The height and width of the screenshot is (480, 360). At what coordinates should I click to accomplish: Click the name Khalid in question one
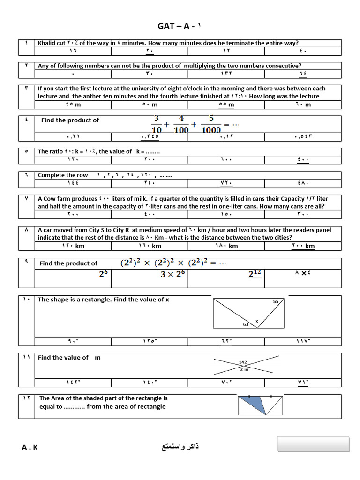(x=47, y=43)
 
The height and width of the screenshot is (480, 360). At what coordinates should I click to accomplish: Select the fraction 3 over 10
(x=157, y=124)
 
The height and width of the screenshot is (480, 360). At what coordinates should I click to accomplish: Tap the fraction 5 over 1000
(x=211, y=124)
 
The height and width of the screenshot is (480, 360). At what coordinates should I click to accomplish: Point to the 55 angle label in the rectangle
(x=276, y=302)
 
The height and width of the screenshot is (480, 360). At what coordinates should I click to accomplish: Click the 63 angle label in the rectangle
(x=246, y=324)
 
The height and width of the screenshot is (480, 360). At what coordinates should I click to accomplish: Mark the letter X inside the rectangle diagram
(x=256, y=321)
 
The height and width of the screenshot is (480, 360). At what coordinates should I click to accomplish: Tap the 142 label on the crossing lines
(x=243, y=362)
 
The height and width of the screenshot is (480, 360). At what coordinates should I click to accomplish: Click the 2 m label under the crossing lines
(x=244, y=369)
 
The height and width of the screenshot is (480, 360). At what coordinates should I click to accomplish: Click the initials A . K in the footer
(x=30, y=447)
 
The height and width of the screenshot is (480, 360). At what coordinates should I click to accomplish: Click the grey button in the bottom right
(x=313, y=444)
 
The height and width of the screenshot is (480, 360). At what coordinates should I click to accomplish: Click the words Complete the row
(x=63, y=175)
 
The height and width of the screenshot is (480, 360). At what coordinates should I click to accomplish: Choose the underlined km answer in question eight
(x=303, y=246)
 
